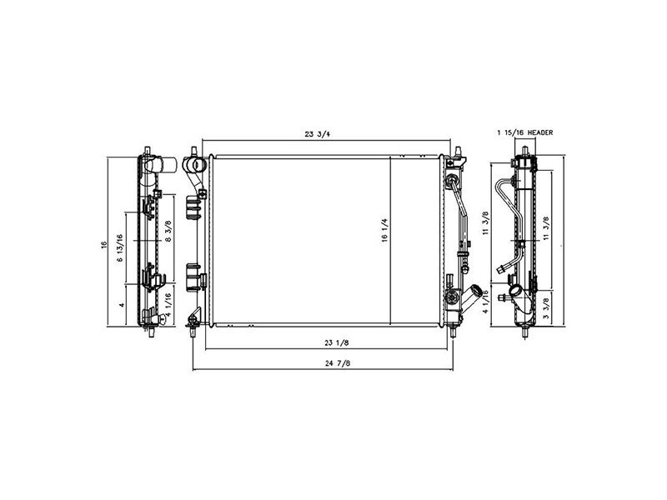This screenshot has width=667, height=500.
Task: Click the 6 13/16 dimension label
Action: click(121, 249)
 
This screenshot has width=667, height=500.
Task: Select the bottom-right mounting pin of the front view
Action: click(454, 331)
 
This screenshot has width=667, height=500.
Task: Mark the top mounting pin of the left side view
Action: click(147, 150)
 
